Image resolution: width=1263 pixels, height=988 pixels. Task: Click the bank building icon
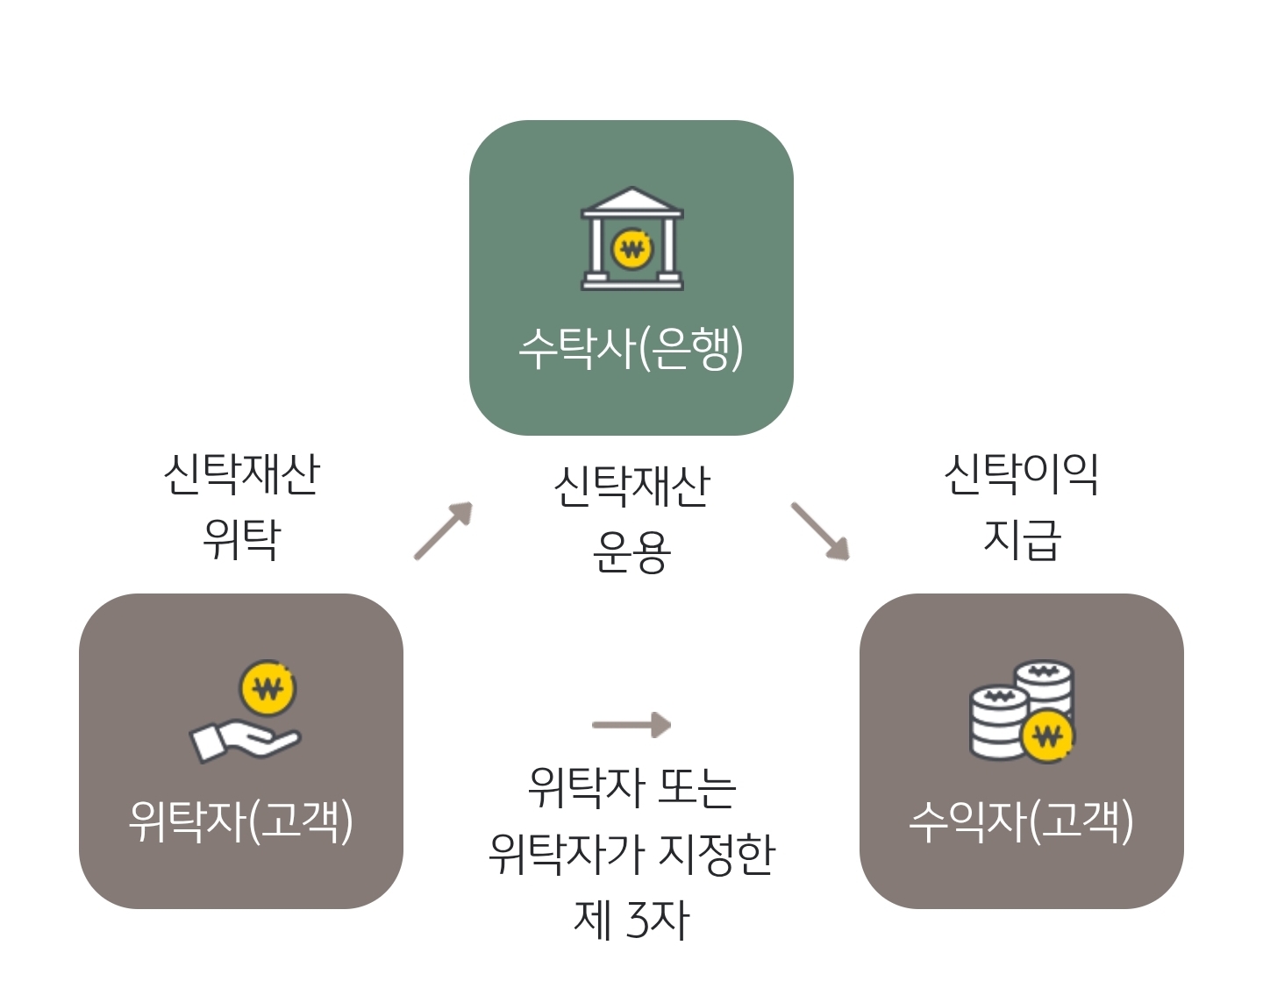631,238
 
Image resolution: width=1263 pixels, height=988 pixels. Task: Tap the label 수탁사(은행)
631,348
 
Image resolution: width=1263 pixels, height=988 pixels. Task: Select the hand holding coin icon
246,712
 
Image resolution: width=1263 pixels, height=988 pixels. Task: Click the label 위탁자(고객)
241,821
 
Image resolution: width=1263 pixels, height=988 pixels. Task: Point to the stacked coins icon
1022,711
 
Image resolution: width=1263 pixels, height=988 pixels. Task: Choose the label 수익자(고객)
1022,821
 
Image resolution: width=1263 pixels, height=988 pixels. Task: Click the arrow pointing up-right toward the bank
444,530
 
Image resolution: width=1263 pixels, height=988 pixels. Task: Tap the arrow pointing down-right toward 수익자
820,531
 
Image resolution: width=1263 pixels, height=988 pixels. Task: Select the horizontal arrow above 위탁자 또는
631,725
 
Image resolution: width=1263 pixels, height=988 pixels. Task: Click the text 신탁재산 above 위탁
241,474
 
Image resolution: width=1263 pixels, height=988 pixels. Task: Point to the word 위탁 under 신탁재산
241,539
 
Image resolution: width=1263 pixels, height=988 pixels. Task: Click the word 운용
631,552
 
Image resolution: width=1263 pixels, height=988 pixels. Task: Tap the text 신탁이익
1022,474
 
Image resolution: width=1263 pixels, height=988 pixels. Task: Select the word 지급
1022,539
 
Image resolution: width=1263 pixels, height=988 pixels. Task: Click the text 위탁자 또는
631,787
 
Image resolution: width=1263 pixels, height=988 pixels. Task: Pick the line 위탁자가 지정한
631,853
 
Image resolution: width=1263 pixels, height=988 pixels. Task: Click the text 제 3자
631,920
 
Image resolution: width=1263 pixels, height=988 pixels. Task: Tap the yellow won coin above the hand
268,688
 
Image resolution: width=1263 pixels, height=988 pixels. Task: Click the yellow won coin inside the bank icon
631,250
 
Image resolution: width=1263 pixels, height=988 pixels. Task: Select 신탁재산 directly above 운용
631,487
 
